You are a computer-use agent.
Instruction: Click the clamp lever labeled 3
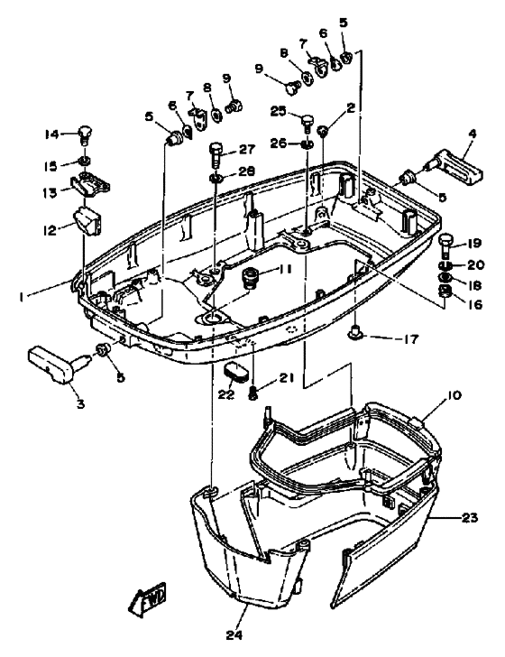52,362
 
